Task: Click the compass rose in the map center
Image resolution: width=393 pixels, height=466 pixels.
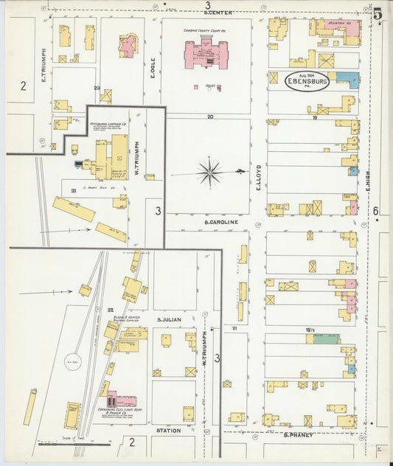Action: point(211,173)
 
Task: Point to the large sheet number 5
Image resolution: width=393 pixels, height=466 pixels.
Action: point(378,13)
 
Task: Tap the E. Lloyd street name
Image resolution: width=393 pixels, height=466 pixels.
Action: point(259,178)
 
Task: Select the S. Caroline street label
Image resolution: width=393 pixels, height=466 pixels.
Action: point(220,220)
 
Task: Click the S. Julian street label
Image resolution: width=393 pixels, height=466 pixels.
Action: point(169,319)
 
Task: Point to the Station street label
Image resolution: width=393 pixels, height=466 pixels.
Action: point(168,430)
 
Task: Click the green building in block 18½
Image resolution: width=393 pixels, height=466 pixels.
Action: point(322,339)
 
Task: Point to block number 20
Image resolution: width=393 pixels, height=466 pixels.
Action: point(210,116)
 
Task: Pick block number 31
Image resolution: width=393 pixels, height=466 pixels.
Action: point(73,192)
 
